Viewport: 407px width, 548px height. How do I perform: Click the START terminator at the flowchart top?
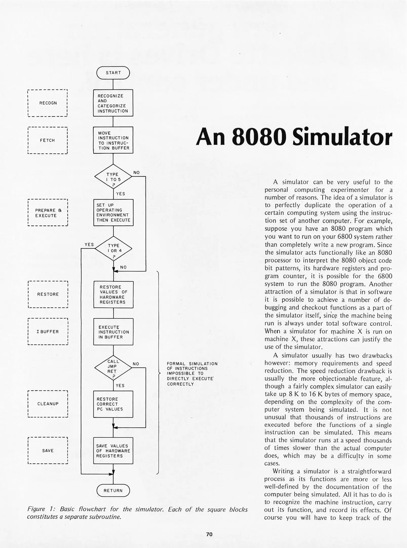point(113,73)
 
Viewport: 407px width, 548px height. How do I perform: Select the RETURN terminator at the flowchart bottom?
point(113,490)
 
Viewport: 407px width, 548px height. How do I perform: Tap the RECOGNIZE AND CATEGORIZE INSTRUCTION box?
point(113,103)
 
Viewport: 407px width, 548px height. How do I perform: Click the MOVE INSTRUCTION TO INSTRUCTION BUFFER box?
point(113,140)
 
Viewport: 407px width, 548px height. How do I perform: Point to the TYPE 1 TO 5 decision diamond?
point(113,177)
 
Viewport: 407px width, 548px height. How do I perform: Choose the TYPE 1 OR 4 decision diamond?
point(113,248)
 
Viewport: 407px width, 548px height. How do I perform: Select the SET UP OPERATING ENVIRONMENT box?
point(113,213)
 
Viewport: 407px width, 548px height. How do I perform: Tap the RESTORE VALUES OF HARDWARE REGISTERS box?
point(113,295)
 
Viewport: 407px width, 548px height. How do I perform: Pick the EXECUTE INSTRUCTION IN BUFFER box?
point(113,332)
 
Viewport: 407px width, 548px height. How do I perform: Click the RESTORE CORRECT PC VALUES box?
point(113,404)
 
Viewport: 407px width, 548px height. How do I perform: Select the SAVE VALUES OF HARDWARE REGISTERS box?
point(113,451)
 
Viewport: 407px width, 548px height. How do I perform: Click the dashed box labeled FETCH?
point(48,140)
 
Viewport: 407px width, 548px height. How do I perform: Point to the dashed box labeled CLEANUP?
point(48,404)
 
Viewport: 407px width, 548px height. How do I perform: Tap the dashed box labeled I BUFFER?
point(48,332)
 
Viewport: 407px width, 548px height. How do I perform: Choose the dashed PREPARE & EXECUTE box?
point(48,213)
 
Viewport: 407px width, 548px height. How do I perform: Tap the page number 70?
point(209,534)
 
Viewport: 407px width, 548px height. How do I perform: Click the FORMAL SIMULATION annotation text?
point(192,374)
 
